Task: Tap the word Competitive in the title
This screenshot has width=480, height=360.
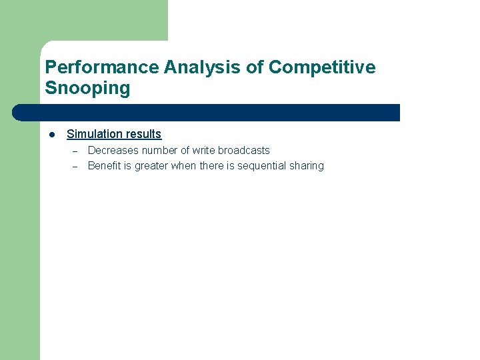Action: pos(322,67)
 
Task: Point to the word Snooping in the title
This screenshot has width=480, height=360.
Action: pos(87,88)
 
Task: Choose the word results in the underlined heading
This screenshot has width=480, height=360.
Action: pos(143,134)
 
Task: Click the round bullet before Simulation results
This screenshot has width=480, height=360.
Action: pos(51,134)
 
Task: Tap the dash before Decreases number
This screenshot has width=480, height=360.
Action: pos(75,151)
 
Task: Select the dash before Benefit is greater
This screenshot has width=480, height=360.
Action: pos(75,166)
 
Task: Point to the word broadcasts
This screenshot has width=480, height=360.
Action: pos(244,151)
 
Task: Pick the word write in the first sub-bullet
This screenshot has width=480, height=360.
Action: pos(203,151)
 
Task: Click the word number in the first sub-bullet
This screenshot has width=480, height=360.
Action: pos(159,151)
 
